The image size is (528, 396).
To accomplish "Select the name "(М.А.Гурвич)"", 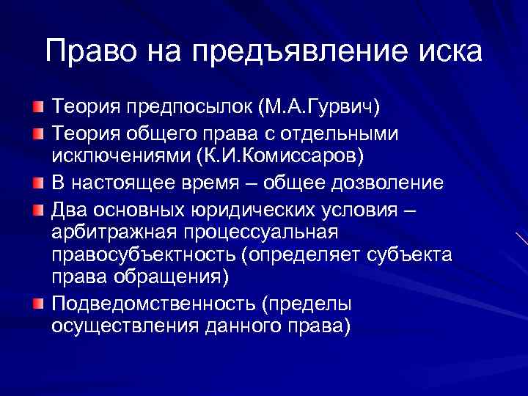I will (x=318, y=108).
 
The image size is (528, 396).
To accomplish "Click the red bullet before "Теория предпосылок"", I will (x=37, y=109).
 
